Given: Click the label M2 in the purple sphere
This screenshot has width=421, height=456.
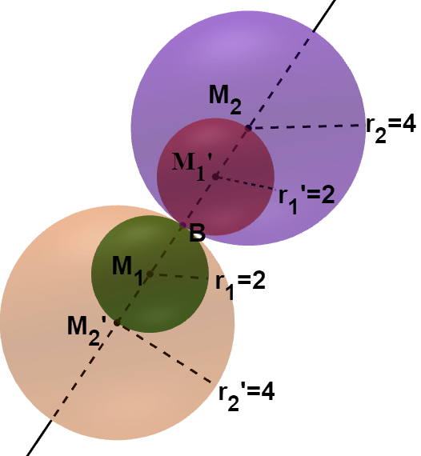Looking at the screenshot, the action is tap(225, 100).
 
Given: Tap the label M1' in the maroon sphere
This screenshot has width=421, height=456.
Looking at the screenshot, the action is tap(192, 166).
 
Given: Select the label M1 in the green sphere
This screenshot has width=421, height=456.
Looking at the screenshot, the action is tap(128, 270).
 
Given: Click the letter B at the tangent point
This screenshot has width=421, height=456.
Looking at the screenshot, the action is tap(197, 233).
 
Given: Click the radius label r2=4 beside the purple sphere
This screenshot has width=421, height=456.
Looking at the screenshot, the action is tap(391, 129).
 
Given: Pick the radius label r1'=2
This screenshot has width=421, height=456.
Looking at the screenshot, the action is tap(307, 199).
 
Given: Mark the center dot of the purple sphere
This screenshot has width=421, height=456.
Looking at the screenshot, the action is tap(248, 128).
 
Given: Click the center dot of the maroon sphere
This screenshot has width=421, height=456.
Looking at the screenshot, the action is tap(215, 176).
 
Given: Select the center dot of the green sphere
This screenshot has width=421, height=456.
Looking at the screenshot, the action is tap(150, 274).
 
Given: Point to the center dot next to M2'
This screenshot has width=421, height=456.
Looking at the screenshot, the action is tap(117, 322).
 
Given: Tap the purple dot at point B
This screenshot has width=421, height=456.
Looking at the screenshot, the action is tap(182, 225).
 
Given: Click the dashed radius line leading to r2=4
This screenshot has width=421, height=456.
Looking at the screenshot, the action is tap(307, 126).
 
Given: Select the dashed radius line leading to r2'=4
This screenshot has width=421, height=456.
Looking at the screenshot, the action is tap(165, 353).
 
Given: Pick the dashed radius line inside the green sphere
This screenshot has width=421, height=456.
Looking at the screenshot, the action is tap(179, 276).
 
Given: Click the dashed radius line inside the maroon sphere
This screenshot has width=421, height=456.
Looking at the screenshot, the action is tap(246, 183).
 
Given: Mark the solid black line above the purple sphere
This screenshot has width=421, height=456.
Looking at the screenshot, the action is tap(324, 15).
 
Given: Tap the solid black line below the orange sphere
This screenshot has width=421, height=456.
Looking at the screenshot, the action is tap(39, 438).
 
